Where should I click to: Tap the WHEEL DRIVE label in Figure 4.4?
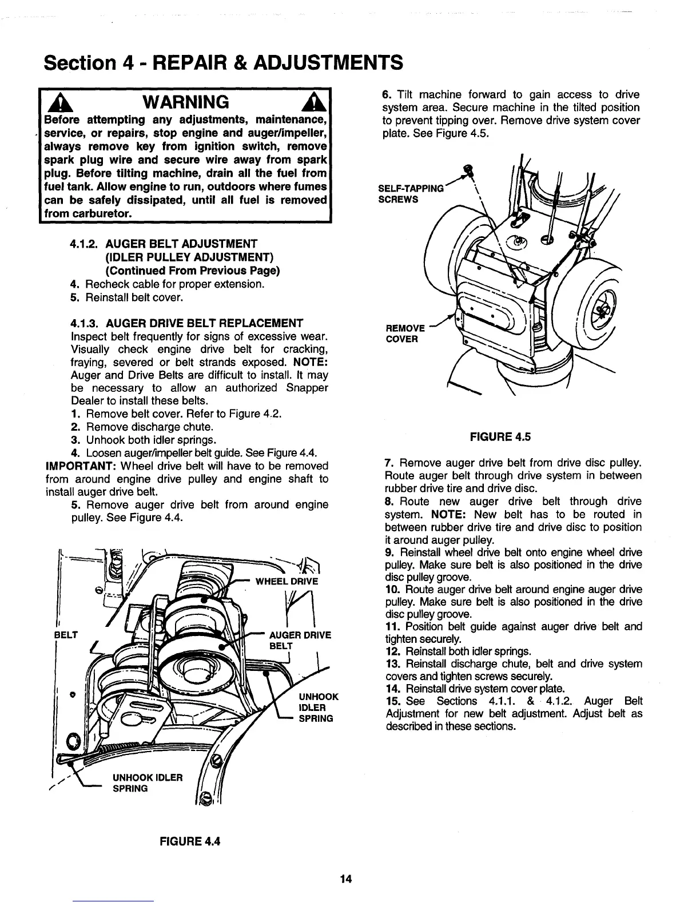click(286, 582)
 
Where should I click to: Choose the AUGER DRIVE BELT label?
click(300, 640)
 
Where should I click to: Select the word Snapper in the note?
click(307, 388)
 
